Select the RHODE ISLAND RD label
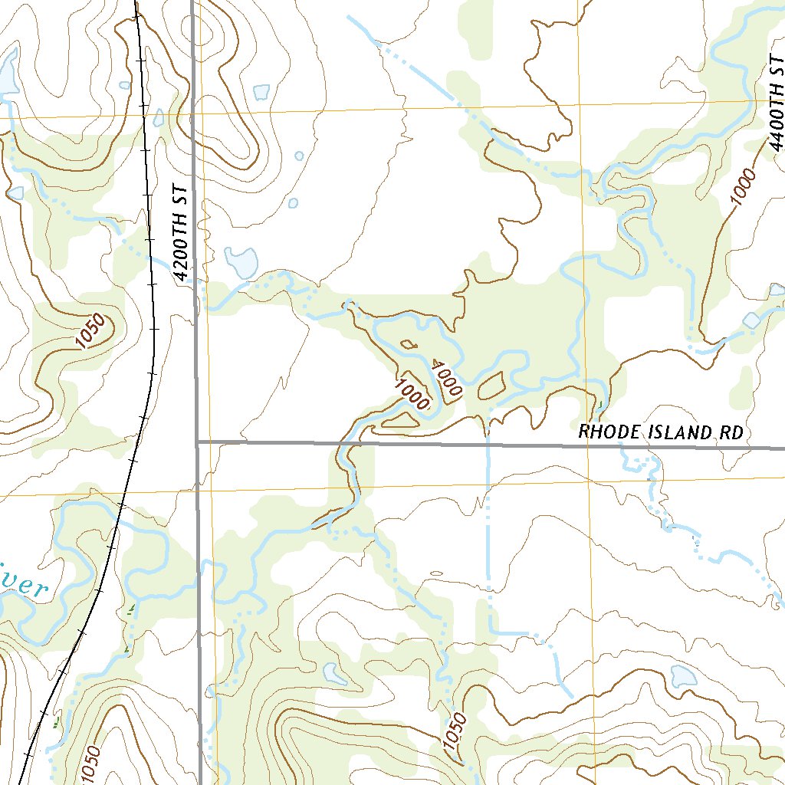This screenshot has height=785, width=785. pyautogui.click(x=661, y=432)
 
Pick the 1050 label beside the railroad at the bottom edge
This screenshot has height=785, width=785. pyautogui.click(x=89, y=764)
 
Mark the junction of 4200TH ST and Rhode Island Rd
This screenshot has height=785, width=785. pyautogui.click(x=197, y=442)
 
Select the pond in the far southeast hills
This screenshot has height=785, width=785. pyautogui.click(x=682, y=676)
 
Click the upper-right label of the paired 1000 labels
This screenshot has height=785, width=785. pyautogui.click(x=446, y=378)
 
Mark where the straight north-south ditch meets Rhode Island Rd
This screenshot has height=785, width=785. pyautogui.click(x=488, y=443)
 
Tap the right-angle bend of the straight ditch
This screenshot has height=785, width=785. pyautogui.click(x=491, y=632)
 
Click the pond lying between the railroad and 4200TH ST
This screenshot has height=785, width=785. pyautogui.click(x=159, y=118)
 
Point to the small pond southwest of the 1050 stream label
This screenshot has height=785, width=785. pyautogui.click(x=334, y=674)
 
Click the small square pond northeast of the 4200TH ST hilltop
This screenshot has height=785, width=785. pyautogui.click(x=261, y=92)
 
